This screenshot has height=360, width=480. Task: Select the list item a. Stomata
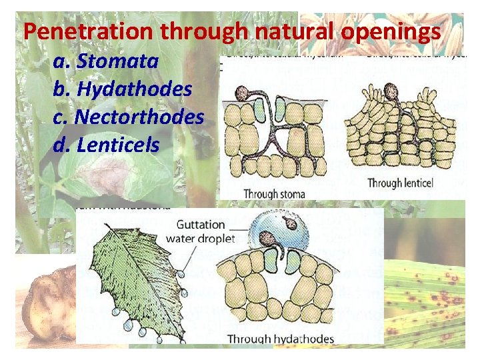[106, 62]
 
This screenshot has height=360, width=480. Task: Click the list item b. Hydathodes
[123, 89]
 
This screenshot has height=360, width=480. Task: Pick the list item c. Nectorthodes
[128, 117]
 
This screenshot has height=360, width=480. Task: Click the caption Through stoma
[274, 194]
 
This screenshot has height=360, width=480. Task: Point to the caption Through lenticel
[403, 183]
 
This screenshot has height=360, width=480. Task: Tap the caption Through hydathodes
[281, 339]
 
